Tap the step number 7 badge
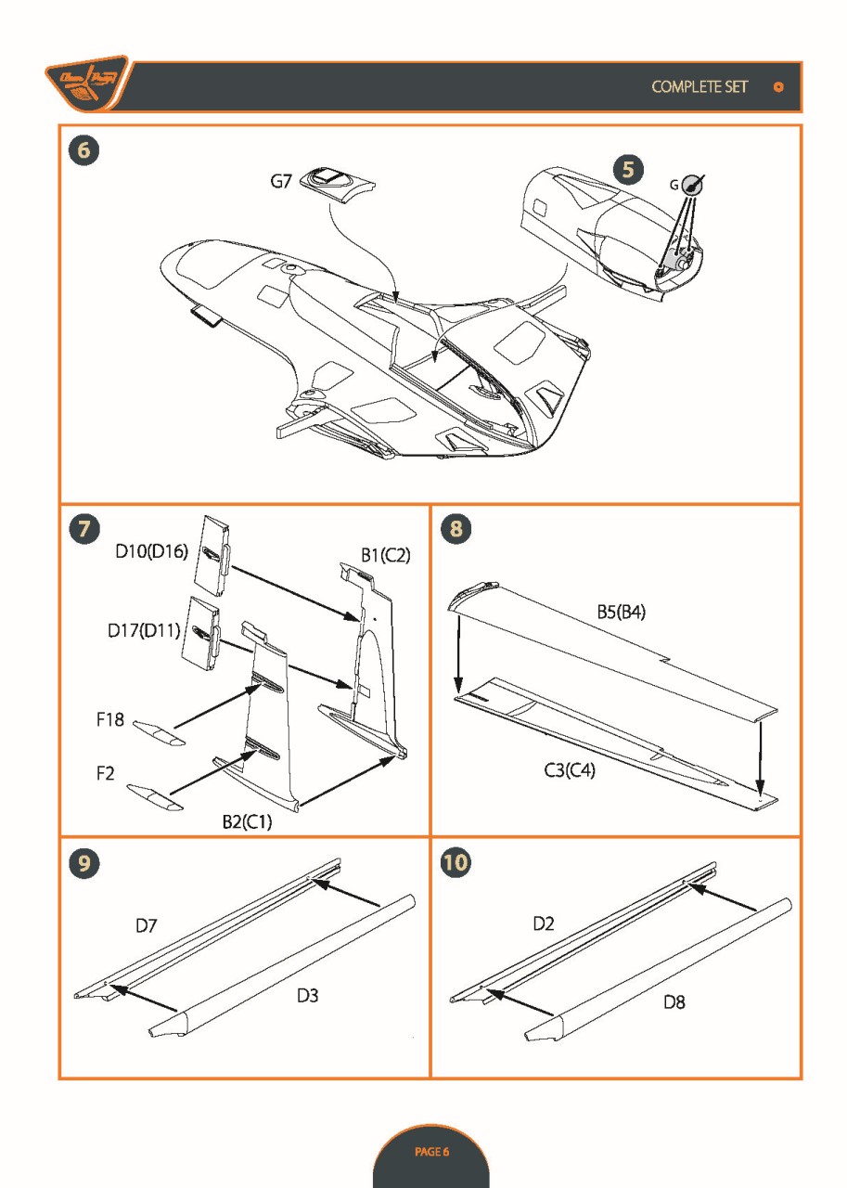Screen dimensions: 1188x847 point(83,529)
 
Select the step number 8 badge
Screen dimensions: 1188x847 point(458,529)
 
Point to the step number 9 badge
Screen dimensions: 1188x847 point(83,862)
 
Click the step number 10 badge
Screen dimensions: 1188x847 point(457,862)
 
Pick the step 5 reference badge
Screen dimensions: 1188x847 point(629,170)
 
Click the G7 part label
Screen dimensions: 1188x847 point(281,182)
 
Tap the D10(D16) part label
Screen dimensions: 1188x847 point(152,551)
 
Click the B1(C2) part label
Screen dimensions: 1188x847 point(385,555)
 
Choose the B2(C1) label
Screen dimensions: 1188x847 point(247,821)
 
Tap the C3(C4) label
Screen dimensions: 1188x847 point(570,770)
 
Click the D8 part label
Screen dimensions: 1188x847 point(674,1002)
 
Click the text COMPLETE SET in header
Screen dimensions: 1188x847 point(699,86)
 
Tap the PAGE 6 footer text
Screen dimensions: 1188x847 point(431,1152)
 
